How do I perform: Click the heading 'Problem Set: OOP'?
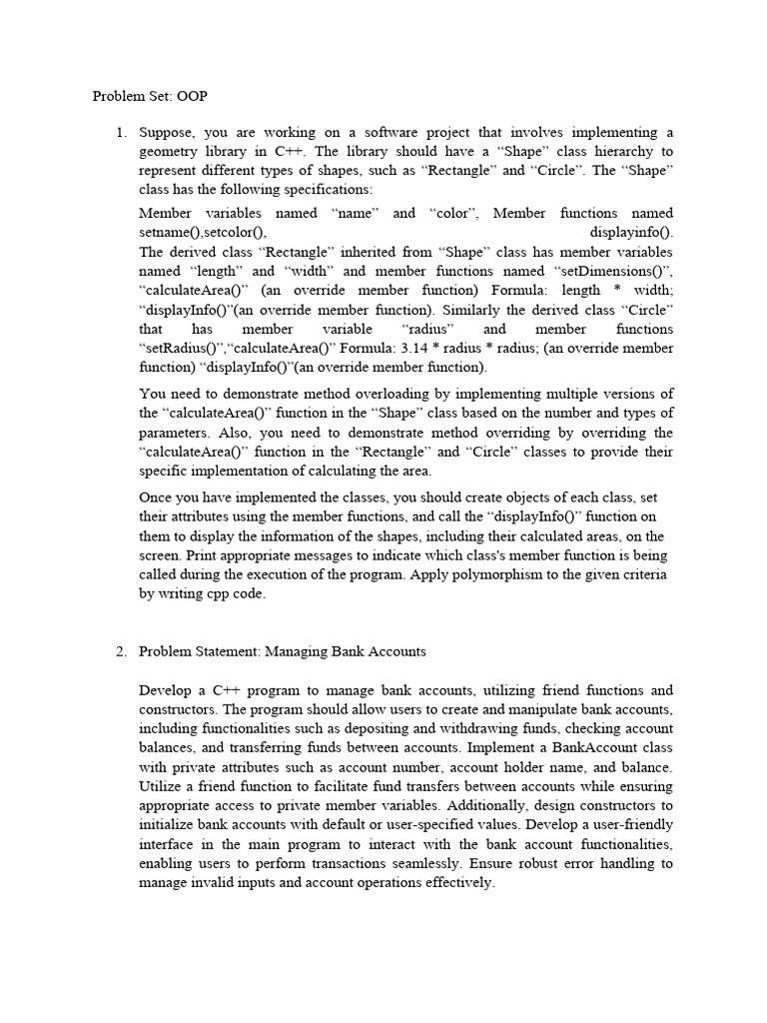point(150,97)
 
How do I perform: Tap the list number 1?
point(120,132)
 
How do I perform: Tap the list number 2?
point(120,651)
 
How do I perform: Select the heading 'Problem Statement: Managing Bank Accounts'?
point(282,651)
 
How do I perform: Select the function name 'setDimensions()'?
point(611,271)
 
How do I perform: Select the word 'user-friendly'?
point(629,825)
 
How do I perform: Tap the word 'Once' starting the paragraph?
point(156,497)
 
